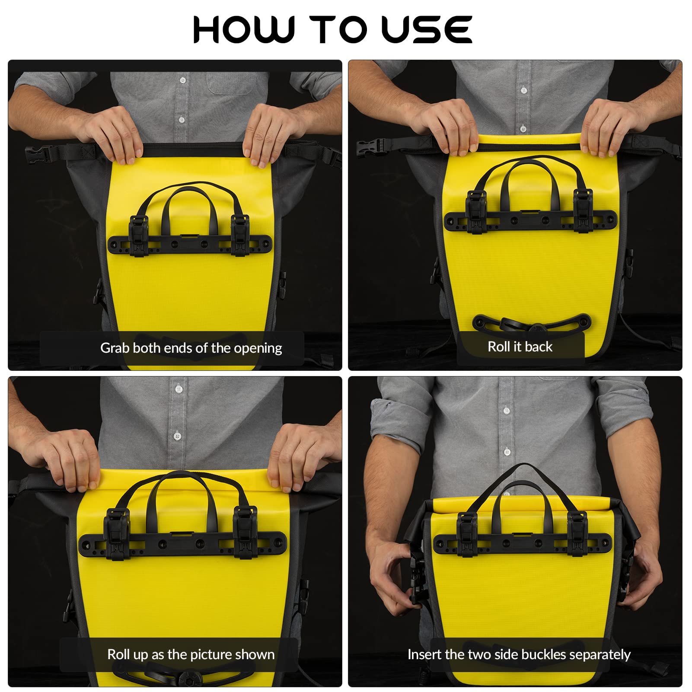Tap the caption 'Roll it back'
click(520, 347)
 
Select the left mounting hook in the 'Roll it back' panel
click(476, 212)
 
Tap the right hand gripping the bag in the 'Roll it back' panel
click(609, 125)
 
